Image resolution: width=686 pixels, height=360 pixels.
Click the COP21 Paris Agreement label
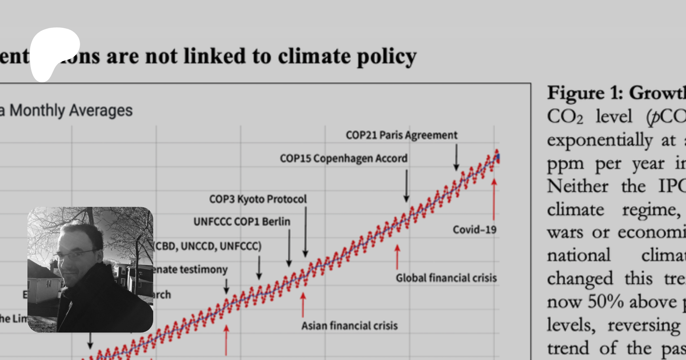(401, 135)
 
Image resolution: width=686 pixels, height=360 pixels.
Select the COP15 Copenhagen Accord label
(343, 158)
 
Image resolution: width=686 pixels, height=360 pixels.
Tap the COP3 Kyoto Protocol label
(258, 199)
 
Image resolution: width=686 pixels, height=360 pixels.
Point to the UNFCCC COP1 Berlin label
(242, 222)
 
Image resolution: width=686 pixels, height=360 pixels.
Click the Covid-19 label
(474, 230)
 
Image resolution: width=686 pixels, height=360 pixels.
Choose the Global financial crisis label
(446, 278)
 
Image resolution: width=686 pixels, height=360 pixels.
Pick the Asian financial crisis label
(349, 326)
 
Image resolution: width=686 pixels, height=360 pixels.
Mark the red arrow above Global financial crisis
(397, 257)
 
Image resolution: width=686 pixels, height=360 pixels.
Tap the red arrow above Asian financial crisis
(303, 304)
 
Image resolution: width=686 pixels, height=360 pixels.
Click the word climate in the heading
(314, 56)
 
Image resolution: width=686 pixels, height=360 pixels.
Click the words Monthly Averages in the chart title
(71, 110)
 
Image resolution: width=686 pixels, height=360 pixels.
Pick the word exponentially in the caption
(599, 140)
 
